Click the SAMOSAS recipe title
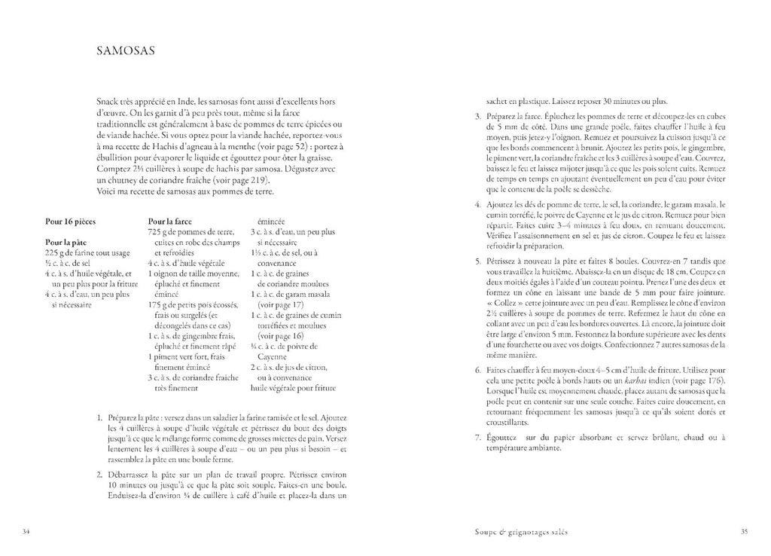tap(126, 52)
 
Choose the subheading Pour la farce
tap(170, 221)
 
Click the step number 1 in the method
tap(100, 417)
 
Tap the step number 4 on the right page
tap(477, 203)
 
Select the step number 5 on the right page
tap(477, 261)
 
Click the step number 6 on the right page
tap(477, 371)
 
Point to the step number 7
tap(477, 438)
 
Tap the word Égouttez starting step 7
tap(502, 438)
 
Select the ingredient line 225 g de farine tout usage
tap(87, 252)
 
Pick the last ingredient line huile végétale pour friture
tap(298, 390)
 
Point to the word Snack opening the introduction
tap(108, 100)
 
